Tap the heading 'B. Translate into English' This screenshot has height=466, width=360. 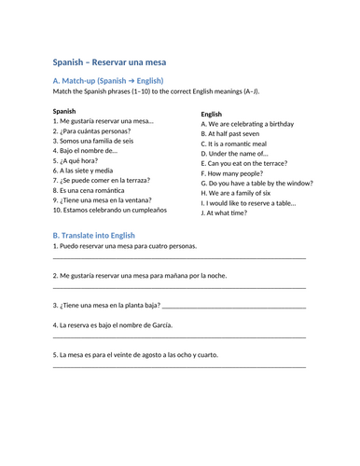pos(94,236)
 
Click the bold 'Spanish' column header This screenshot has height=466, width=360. pos(64,111)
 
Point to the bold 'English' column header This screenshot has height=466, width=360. pos(212,114)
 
